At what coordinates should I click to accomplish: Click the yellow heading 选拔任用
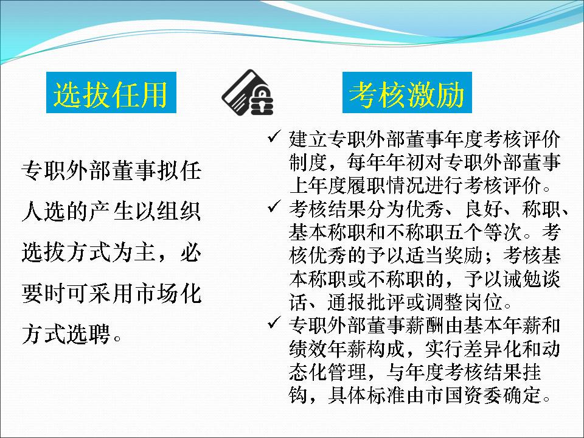[111, 94]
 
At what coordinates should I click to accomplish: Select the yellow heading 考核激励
[407, 94]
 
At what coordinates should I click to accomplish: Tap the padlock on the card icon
[262, 102]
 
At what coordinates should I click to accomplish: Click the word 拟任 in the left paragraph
[179, 171]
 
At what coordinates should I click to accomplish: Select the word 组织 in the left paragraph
[179, 212]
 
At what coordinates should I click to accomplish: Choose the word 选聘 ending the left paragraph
[88, 334]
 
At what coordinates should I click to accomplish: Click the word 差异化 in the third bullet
[493, 349]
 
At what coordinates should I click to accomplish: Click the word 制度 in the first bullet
[308, 162]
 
